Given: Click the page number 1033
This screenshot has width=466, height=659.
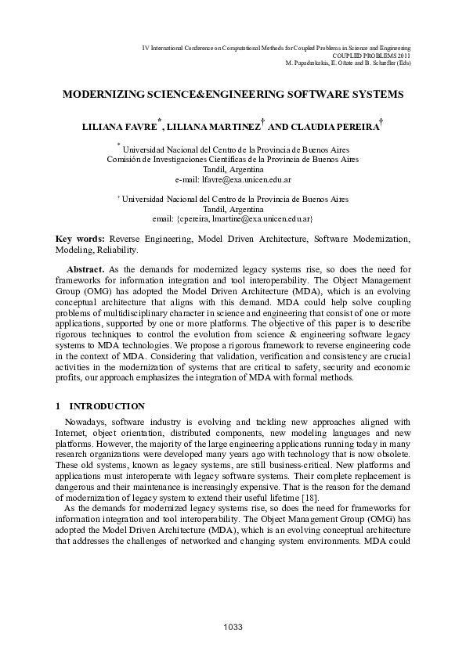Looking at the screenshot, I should [x=233, y=627].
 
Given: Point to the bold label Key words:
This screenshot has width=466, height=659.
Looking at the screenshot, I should [x=80, y=237].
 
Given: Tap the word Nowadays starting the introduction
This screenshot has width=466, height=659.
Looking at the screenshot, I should [x=85, y=423].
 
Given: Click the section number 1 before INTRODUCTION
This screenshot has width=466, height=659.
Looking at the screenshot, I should [x=58, y=406].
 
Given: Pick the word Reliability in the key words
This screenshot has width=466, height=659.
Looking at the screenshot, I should [x=117, y=250].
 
